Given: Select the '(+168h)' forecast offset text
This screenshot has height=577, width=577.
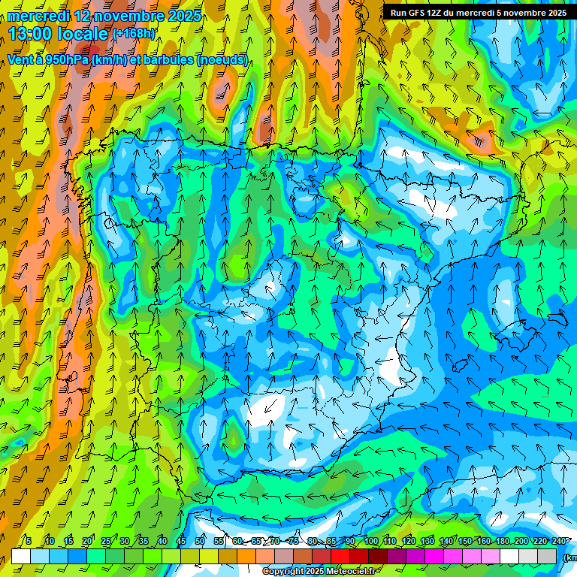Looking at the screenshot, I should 134,33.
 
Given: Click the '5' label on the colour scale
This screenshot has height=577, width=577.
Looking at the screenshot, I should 29,541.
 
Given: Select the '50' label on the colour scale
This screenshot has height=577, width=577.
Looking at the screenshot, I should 200,541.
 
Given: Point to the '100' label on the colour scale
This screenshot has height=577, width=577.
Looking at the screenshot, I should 371,541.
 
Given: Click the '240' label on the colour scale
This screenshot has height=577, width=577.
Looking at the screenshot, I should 558,541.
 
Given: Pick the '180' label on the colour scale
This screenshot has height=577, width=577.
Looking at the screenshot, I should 503,541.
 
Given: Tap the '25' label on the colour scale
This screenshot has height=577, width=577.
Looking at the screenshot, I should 105,541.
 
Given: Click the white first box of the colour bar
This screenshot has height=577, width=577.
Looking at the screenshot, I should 21,557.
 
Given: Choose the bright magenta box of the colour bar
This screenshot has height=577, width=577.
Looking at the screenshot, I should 435,557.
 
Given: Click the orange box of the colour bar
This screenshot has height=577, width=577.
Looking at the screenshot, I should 246,557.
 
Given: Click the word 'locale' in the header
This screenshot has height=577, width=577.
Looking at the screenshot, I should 82,34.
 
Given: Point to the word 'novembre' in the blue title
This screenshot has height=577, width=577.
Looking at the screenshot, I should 121,16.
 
